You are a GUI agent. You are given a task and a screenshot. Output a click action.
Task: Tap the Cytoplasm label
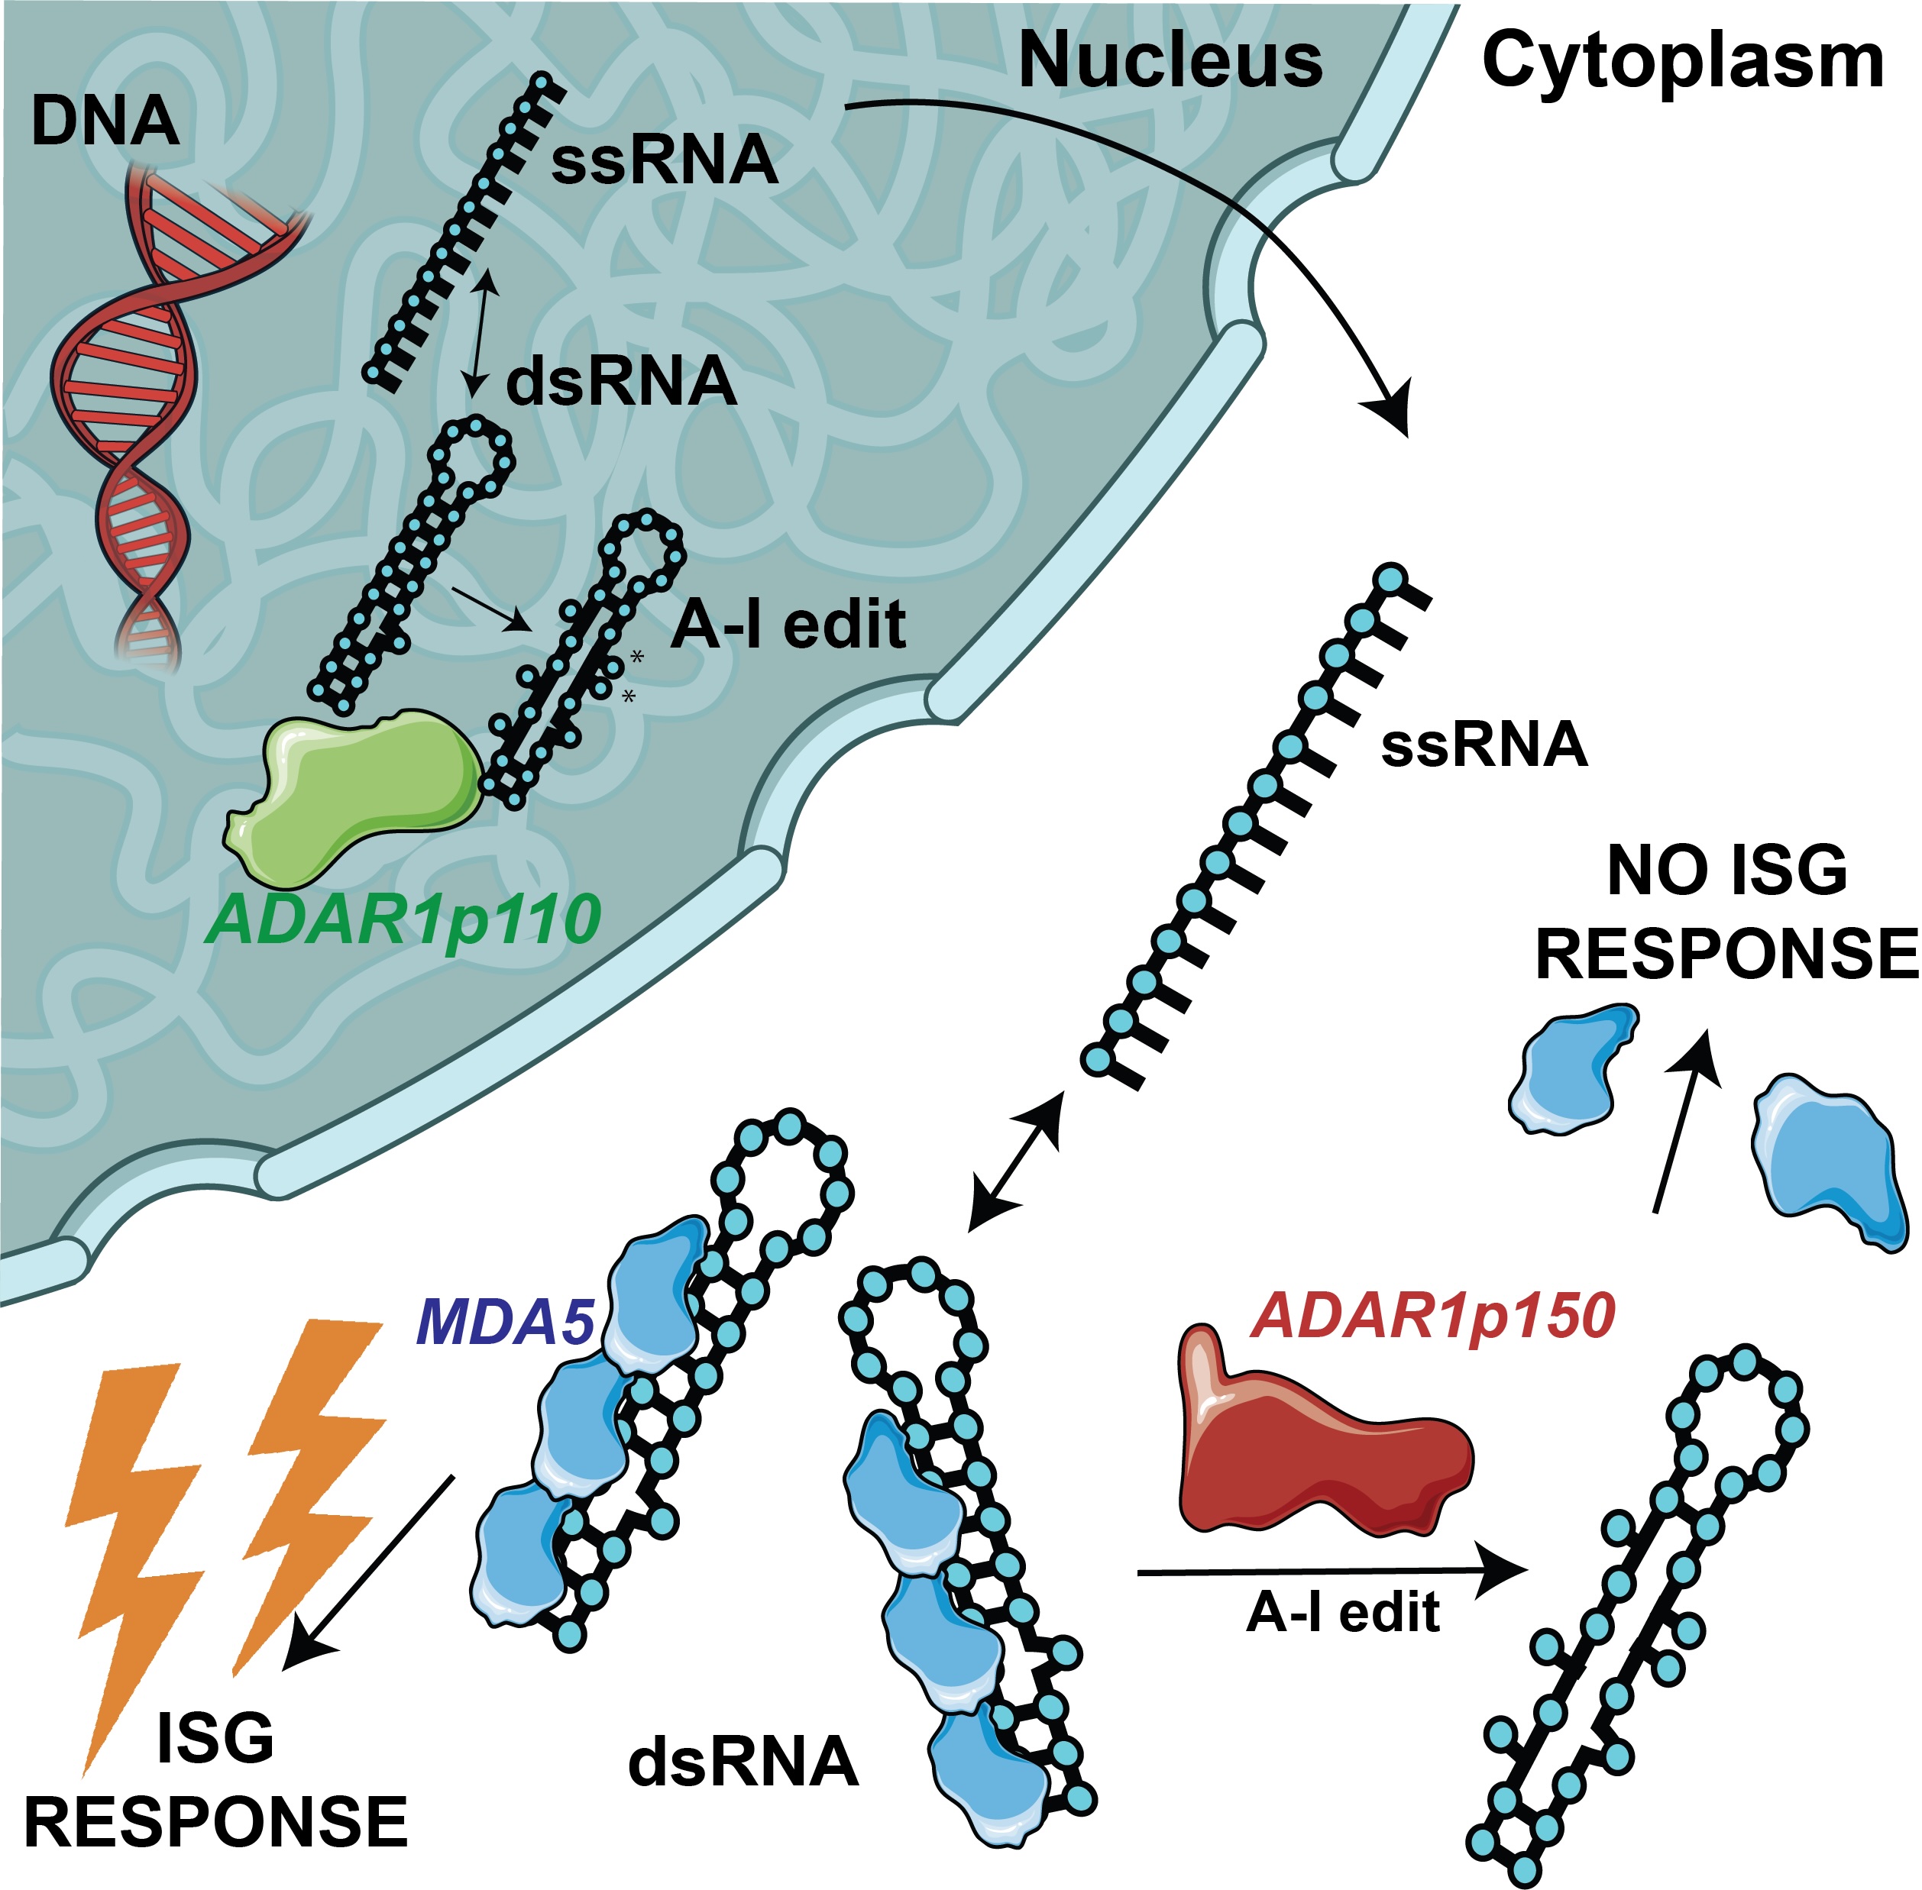tap(1682, 62)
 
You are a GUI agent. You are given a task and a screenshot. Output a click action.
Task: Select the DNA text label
tap(104, 123)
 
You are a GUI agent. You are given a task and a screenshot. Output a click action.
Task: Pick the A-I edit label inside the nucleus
tap(788, 625)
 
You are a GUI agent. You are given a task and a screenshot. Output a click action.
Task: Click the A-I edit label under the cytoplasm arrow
tap(1342, 1613)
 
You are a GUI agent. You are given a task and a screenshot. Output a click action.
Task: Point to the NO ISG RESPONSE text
tap(1726, 913)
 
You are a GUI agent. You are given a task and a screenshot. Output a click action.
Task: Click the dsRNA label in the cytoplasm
tap(743, 1761)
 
